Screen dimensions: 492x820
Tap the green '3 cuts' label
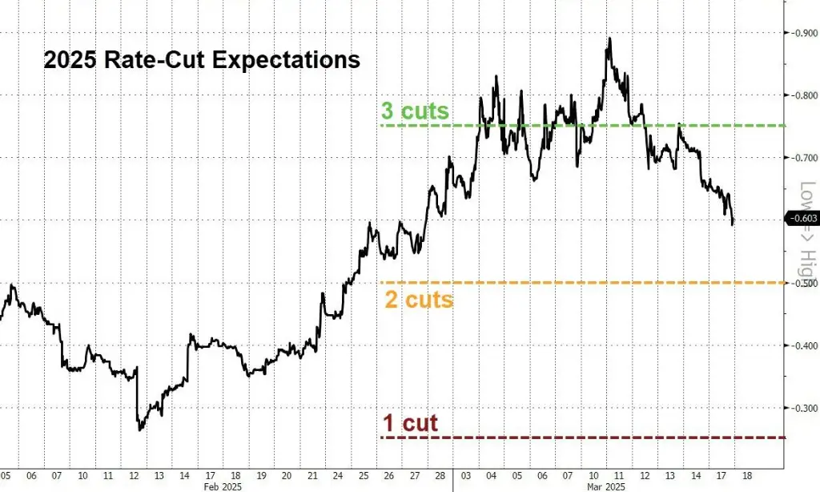pyautogui.click(x=414, y=111)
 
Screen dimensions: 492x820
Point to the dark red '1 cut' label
pyautogui.click(x=410, y=422)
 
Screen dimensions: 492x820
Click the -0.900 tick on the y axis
pyautogui.click(x=802, y=33)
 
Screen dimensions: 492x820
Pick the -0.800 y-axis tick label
pyautogui.click(x=802, y=95)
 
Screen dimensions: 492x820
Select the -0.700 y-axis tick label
pyautogui.click(x=802, y=158)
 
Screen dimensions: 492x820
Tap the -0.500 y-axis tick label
pyautogui.click(x=802, y=283)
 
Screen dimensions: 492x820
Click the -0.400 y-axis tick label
pyautogui.click(x=802, y=345)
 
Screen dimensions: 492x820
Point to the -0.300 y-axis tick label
pyautogui.click(x=802, y=408)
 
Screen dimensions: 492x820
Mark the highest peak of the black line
pyautogui.click(x=609, y=38)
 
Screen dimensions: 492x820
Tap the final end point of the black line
pyautogui.click(x=733, y=224)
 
